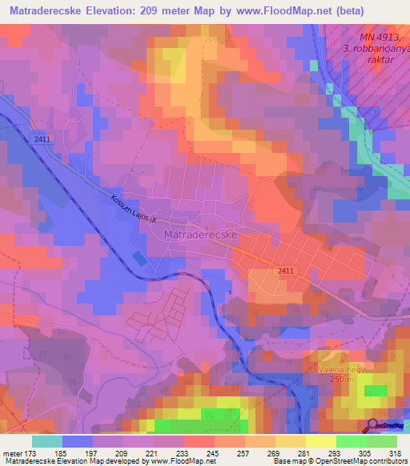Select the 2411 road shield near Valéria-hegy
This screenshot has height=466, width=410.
(286, 271)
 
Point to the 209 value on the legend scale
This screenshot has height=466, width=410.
(123, 453)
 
